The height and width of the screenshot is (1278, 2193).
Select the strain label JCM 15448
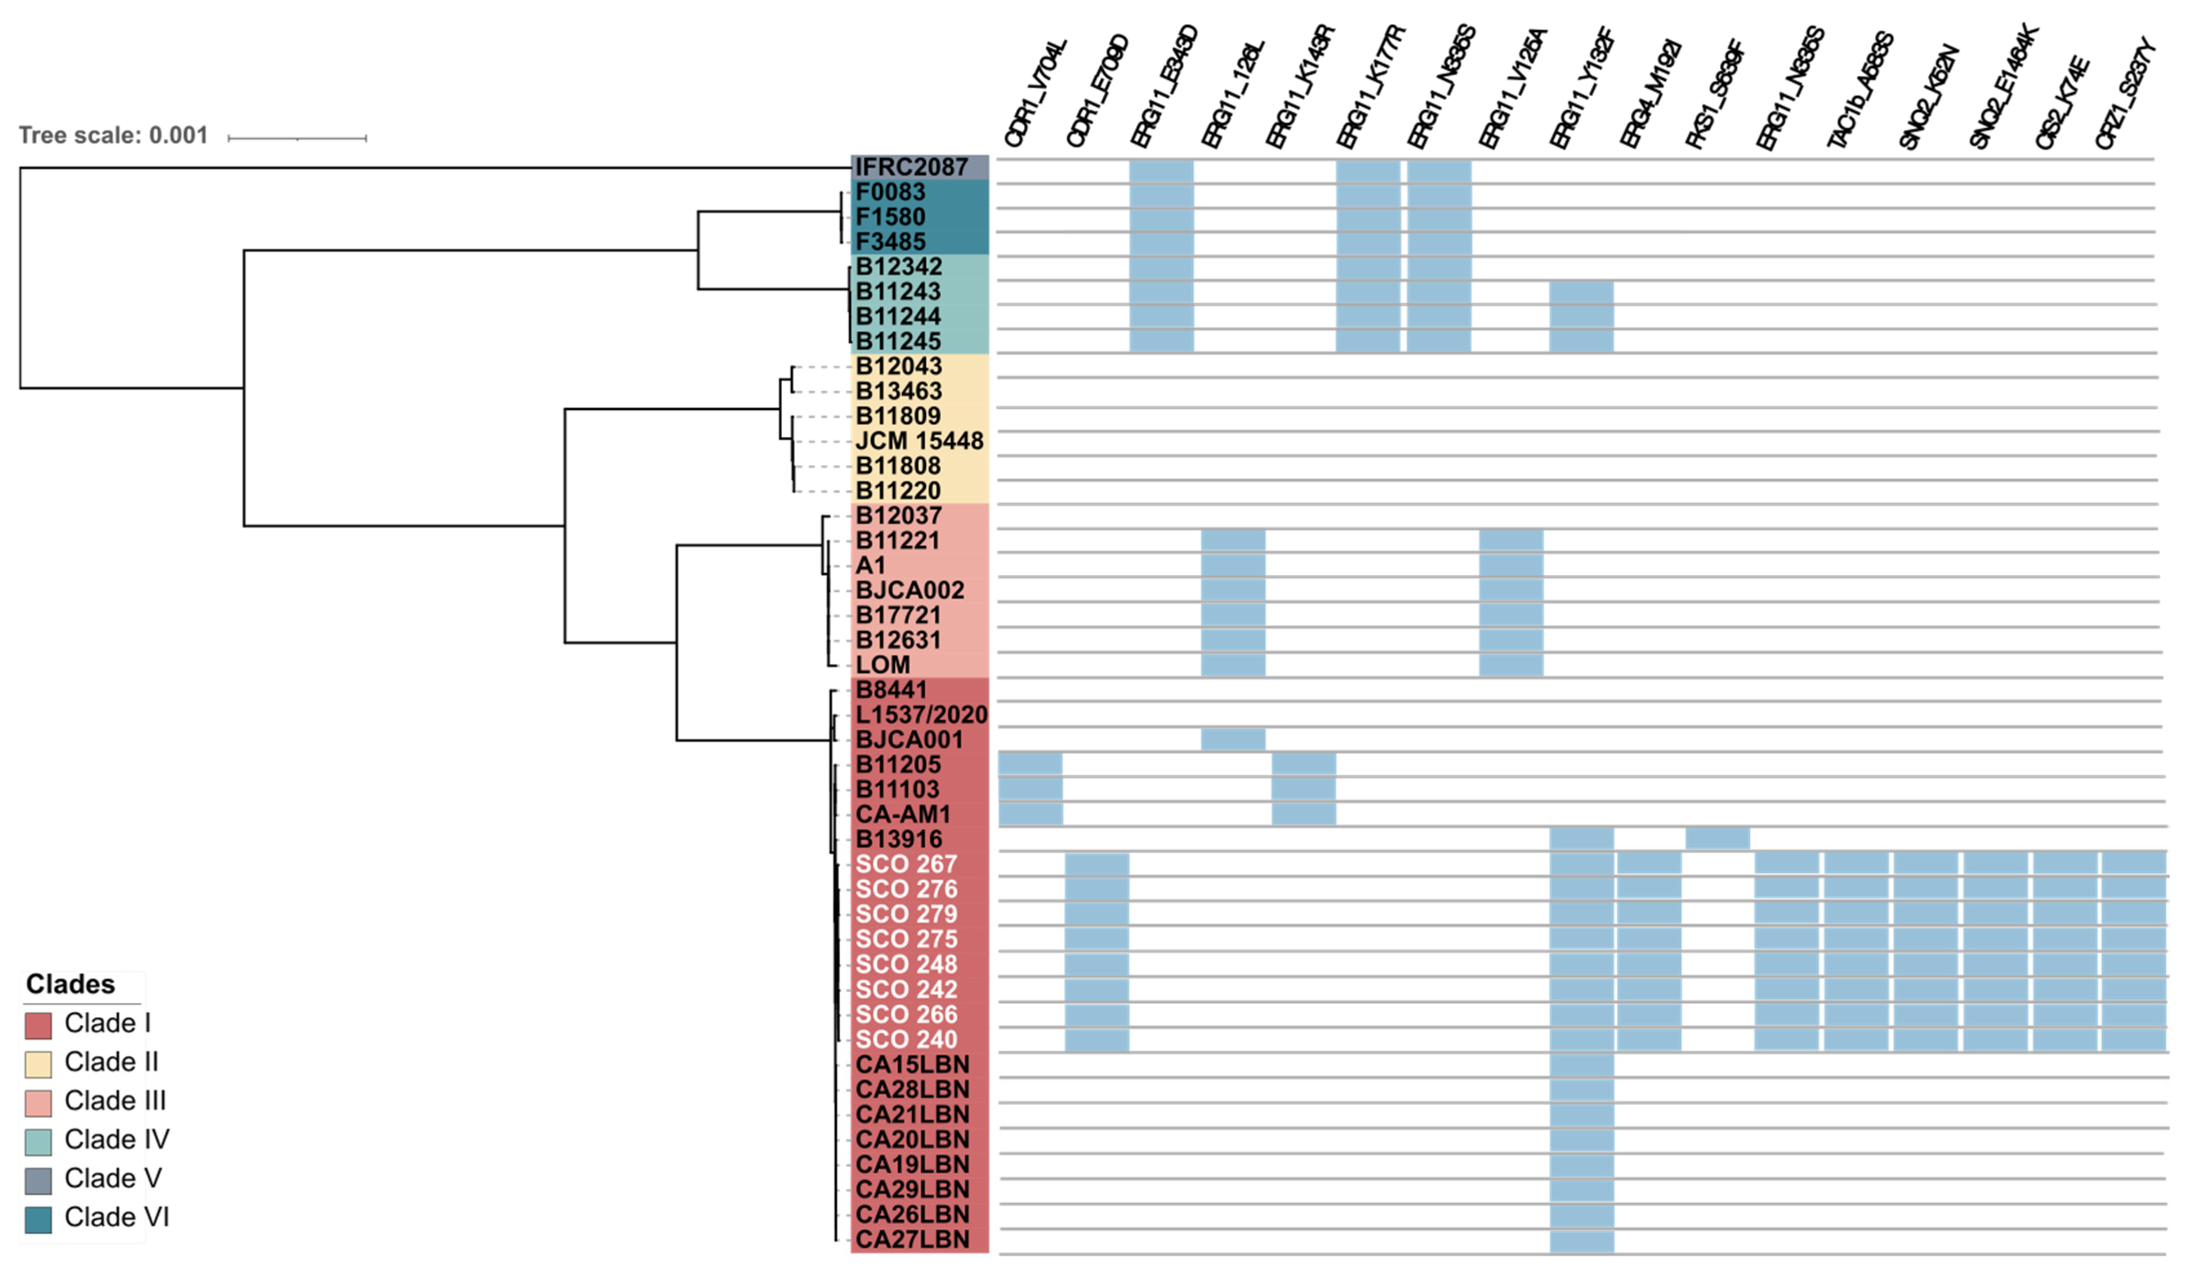[919, 441]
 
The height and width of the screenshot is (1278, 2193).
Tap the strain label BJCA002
[910, 591]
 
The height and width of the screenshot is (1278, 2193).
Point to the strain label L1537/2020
[921, 715]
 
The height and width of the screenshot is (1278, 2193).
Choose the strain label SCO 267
[906, 865]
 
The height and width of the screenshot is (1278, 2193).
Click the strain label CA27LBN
[912, 1240]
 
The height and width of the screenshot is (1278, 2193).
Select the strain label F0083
[890, 192]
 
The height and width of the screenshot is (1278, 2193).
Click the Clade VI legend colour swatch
[38, 1219]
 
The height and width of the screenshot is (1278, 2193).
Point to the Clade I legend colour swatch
[38, 1025]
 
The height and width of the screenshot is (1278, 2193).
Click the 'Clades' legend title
[71, 984]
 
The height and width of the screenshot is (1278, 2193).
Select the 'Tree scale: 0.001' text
[113, 136]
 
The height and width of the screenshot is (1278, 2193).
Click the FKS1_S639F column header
[1714, 94]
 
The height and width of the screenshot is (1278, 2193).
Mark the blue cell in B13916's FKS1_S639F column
[1717, 838]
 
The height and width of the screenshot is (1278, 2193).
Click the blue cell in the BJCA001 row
[1233, 739]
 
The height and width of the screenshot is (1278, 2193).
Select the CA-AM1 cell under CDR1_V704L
[1030, 814]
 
